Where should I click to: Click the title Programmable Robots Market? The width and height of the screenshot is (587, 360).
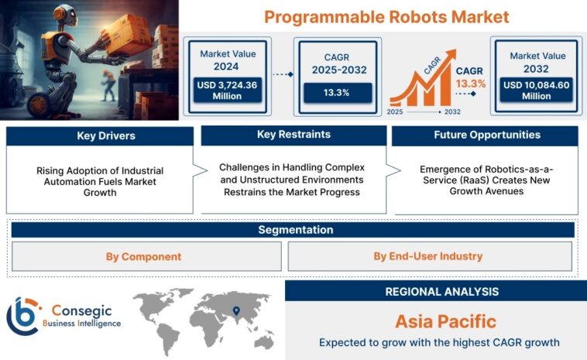(386, 16)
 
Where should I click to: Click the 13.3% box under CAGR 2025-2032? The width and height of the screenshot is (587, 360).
(336, 92)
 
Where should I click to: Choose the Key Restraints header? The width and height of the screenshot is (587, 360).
(293, 135)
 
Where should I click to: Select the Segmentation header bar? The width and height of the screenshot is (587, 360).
(293, 230)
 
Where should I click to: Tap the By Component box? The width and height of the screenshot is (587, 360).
(144, 256)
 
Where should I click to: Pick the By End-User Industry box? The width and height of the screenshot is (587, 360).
(427, 256)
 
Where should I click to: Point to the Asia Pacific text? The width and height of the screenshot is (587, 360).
(434, 321)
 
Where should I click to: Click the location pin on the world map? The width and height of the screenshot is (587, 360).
(236, 310)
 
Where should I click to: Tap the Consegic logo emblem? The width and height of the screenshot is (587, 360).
(23, 314)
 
